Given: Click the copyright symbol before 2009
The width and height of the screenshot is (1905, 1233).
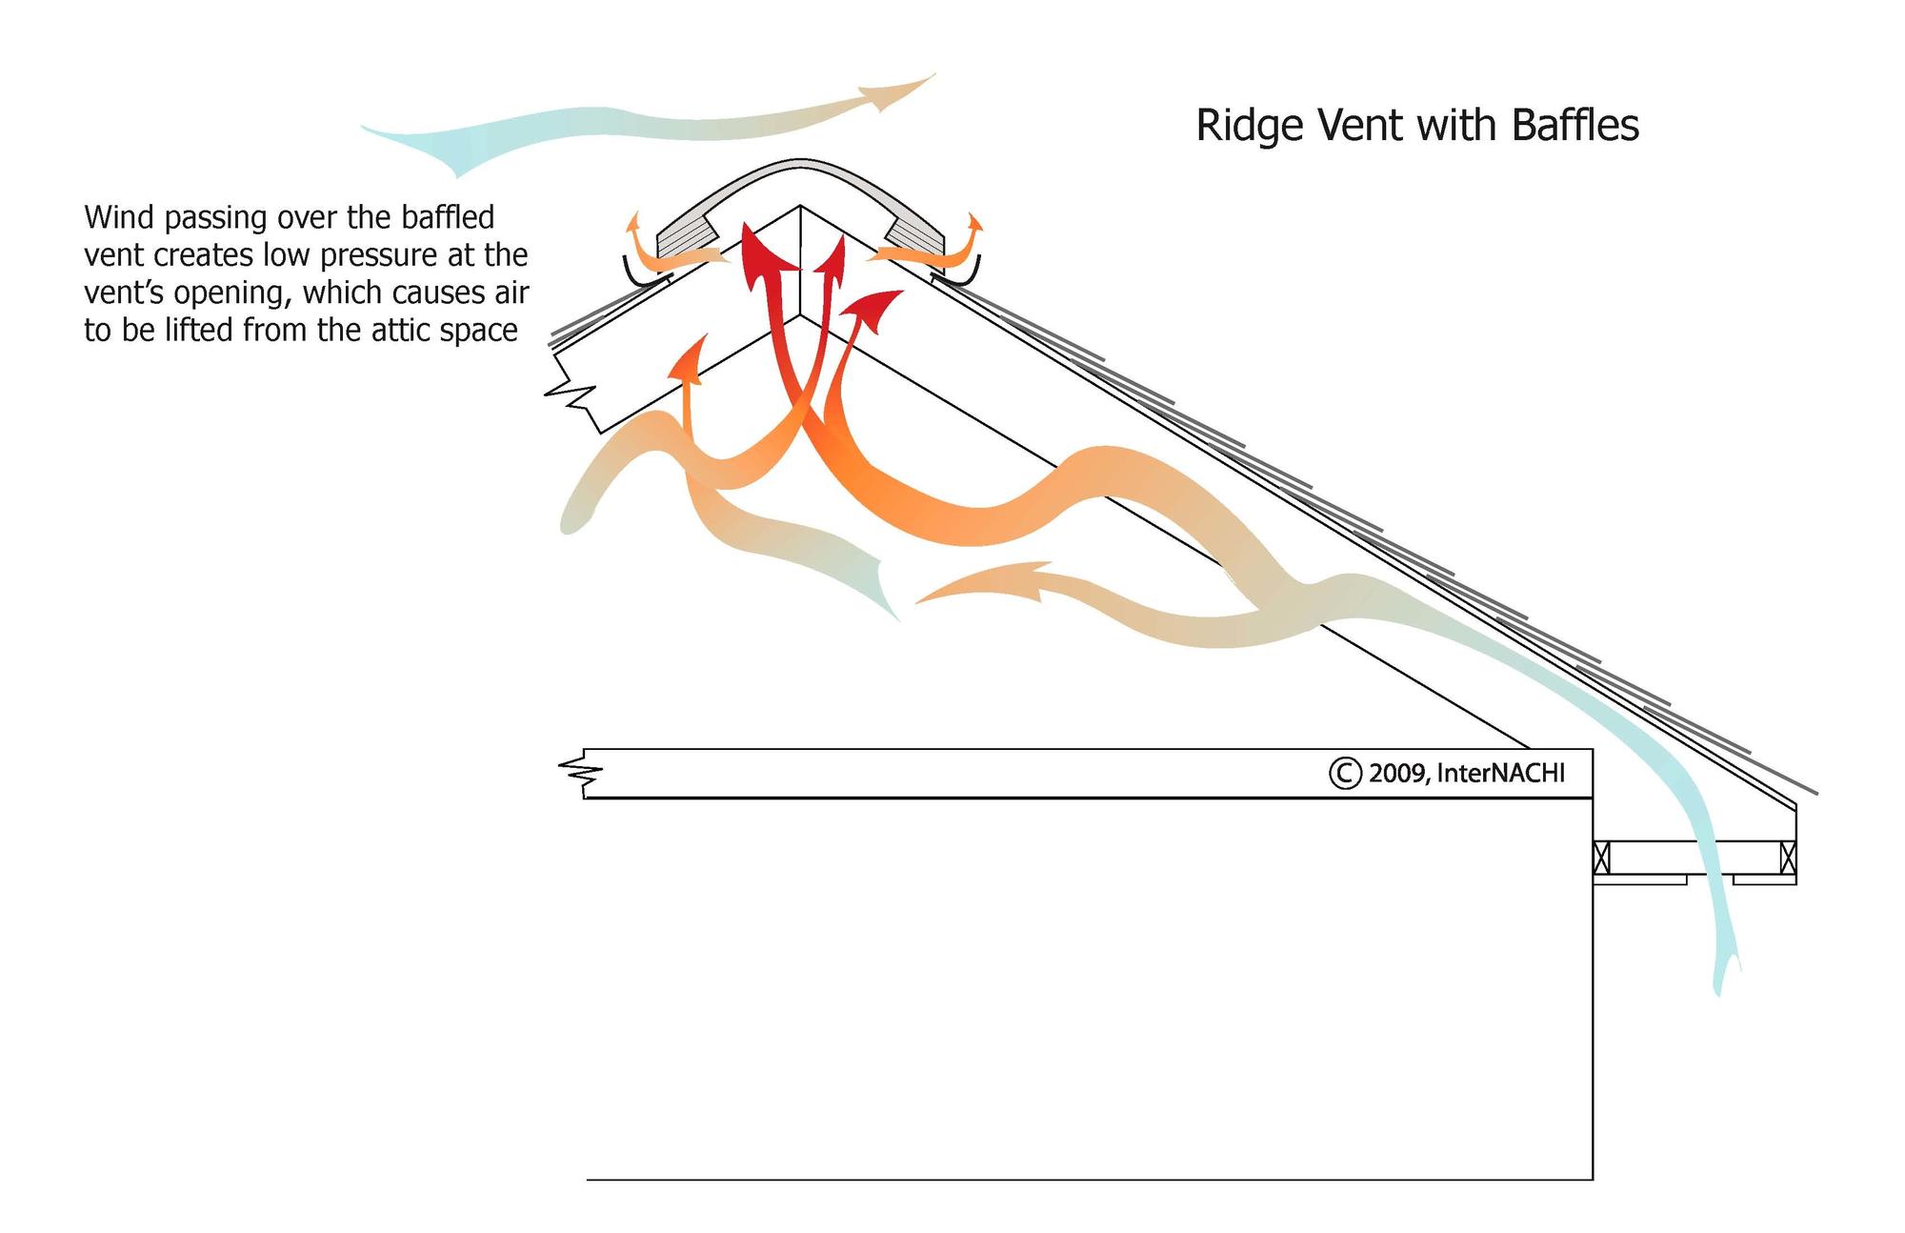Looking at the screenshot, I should (1344, 773).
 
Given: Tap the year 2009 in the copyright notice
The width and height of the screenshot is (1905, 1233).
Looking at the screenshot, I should (1397, 773).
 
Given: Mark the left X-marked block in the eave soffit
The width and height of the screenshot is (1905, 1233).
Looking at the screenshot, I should (1601, 858).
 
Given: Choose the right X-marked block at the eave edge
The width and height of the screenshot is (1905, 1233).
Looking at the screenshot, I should (1788, 858).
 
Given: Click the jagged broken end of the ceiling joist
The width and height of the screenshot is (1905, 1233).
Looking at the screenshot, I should (574, 774).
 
